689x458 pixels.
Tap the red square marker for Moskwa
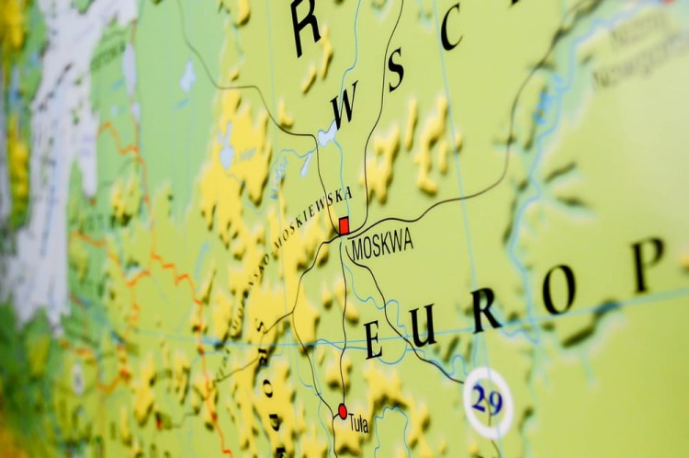(344, 225)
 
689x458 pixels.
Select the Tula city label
(358, 423)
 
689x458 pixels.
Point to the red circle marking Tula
(343, 411)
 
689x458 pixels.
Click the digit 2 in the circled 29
(480, 401)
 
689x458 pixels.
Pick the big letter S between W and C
(396, 72)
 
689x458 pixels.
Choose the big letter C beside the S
(451, 30)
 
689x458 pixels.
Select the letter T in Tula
(351, 423)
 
